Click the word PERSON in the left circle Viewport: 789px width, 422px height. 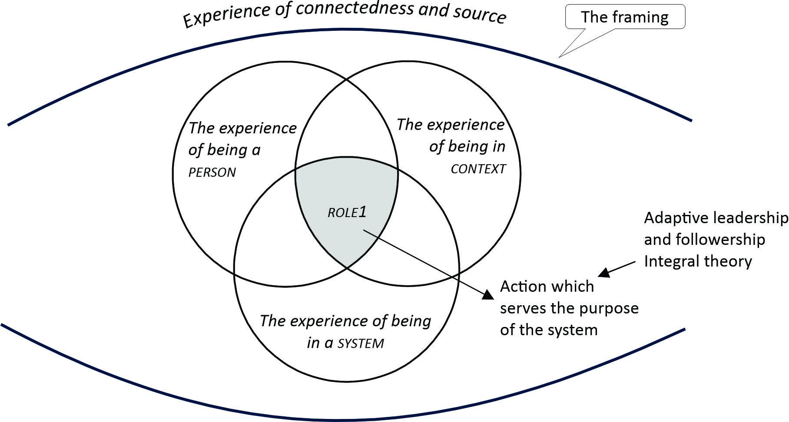(212, 172)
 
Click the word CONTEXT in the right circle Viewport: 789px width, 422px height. (478, 169)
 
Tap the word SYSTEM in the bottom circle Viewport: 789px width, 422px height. (361, 344)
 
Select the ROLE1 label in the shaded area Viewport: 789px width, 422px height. (347, 212)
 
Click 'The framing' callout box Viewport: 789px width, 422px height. (625, 17)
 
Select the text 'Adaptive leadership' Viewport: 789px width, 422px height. (716, 218)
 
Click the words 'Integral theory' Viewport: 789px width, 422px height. (698, 261)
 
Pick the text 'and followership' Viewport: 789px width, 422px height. (704, 239)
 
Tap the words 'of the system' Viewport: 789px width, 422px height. (549, 330)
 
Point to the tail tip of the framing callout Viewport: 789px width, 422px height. (559, 56)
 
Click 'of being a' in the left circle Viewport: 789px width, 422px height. (224, 150)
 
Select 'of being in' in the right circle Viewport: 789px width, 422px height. (467, 146)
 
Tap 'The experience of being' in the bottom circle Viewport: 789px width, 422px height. (345, 321)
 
